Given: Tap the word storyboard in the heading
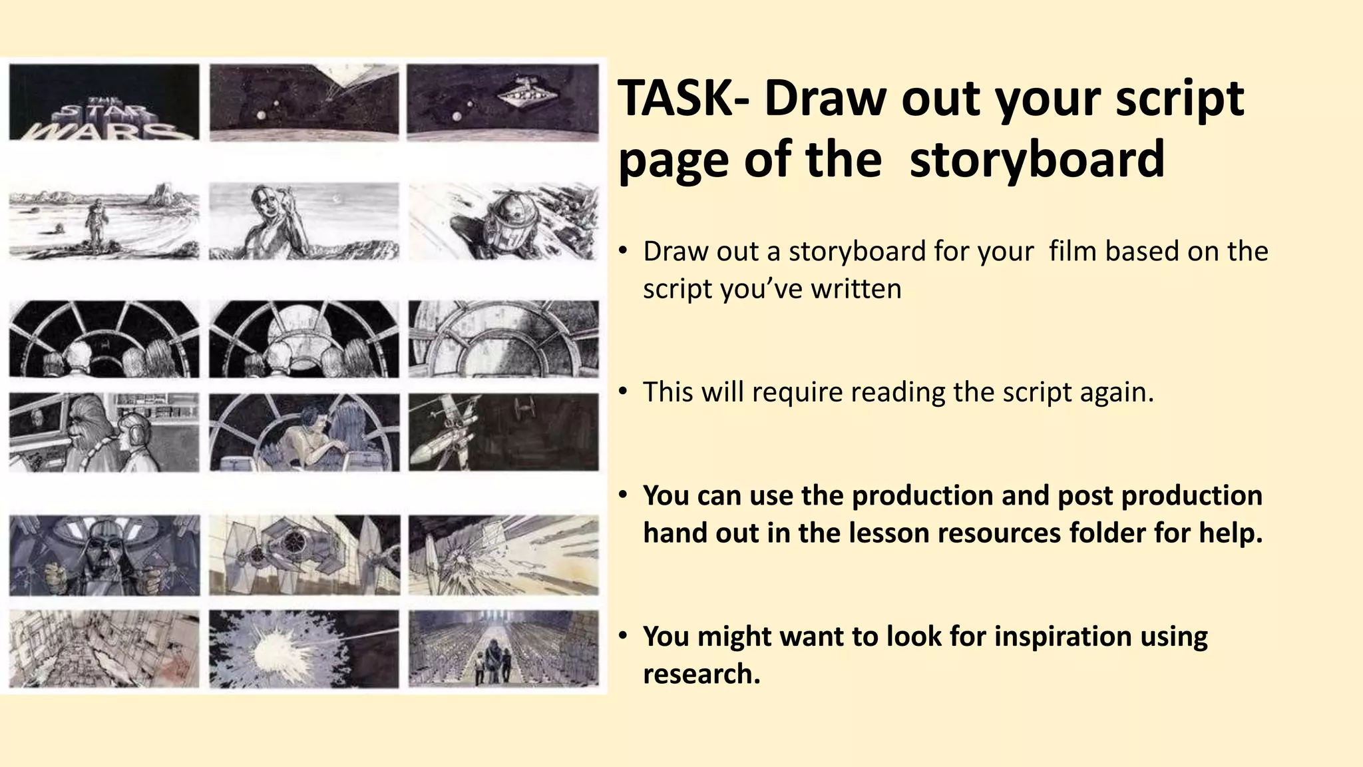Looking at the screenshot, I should point(1037,160).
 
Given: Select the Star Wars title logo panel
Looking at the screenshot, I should point(104,102).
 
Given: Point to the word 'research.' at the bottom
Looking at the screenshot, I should point(701,674).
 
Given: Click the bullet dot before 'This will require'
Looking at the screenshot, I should point(622,391).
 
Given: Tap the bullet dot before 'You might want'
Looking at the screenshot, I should point(622,636).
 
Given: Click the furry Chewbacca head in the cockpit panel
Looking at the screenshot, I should point(84,420).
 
